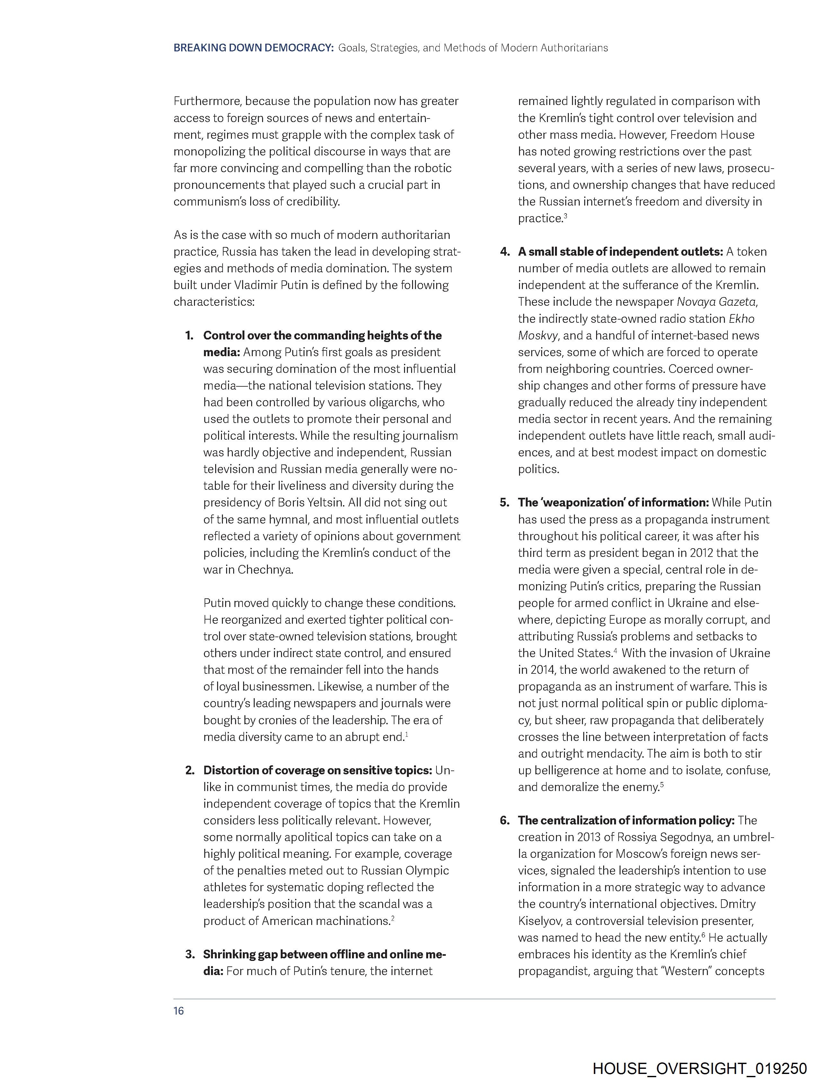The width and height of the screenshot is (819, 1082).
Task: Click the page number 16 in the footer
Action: tap(179, 1011)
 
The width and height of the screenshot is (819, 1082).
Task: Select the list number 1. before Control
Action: tap(190, 336)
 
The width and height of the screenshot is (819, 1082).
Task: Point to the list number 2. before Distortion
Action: tap(190, 770)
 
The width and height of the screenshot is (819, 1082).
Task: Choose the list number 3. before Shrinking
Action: tap(190, 954)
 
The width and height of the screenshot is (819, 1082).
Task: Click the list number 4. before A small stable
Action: tap(505, 252)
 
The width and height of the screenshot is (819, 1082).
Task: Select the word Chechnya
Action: tap(265, 570)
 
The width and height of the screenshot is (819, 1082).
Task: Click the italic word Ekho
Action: tap(742, 319)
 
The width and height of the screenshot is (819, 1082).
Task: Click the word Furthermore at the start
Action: tap(207, 101)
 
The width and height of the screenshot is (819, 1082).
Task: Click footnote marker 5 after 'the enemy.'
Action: tap(661, 784)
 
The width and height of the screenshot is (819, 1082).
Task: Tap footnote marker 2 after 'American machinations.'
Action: tap(393, 918)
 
